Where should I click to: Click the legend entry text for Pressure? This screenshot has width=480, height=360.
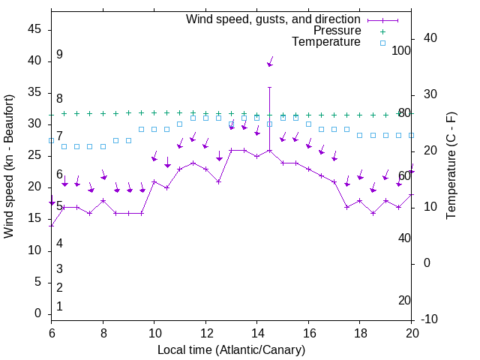click(337, 31)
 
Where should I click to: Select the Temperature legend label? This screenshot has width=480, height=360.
click(326, 43)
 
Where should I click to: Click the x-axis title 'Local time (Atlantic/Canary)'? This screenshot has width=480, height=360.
click(232, 349)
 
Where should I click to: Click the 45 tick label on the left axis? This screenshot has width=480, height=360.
click(34, 29)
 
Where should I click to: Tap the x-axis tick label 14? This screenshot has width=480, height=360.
click(257, 333)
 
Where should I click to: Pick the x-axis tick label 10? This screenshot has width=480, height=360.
click(154, 333)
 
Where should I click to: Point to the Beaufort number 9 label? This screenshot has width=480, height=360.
click(59, 55)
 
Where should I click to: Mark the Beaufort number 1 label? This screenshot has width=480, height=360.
click(59, 307)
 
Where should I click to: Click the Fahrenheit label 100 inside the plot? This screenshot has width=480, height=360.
click(401, 50)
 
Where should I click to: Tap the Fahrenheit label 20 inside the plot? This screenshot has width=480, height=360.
click(404, 301)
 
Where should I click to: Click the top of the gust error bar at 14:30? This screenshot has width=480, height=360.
click(270, 87)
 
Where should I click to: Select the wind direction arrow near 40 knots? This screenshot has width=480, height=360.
click(271, 61)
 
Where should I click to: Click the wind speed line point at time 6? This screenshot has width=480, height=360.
click(52, 225)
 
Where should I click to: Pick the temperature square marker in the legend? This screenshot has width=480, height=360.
click(382, 43)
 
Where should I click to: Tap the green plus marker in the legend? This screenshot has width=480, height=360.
click(382, 31)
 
